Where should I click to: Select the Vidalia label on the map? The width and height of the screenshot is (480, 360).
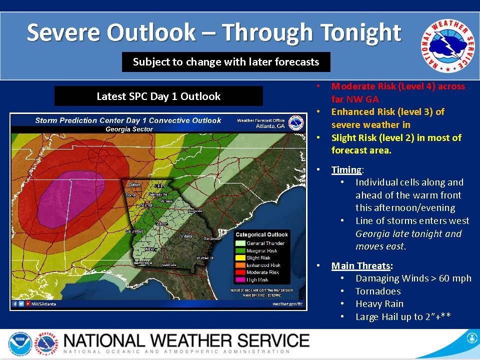pyautogui.click(x=186, y=235)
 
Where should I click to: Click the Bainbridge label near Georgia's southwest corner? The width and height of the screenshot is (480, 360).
pyautogui.click(x=143, y=262)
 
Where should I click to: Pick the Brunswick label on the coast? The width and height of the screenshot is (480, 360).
pyautogui.click(x=205, y=257)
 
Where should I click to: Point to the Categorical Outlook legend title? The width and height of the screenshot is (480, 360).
pyautogui.click(x=261, y=234)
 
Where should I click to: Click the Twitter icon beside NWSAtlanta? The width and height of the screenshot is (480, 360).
pyautogui.click(x=21, y=303)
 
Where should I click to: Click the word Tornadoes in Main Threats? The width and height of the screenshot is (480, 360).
pyautogui.click(x=378, y=291)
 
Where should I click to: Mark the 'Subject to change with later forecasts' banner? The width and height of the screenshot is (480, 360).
pyautogui.click(x=226, y=62)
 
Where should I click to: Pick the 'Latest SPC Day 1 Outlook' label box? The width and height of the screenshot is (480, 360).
pyautogui.click(x=158, y=96)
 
